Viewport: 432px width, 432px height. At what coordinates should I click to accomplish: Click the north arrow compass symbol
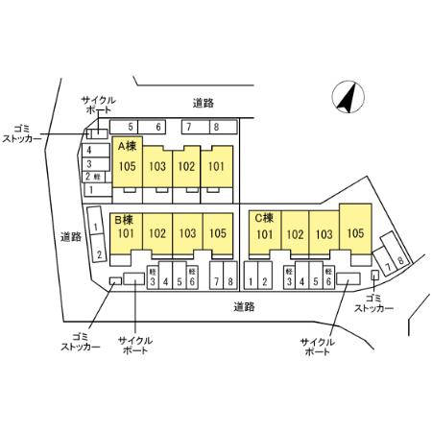point(348,97)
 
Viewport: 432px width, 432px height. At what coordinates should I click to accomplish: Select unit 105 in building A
point(128,161)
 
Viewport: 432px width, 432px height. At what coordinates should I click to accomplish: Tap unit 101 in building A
point(217,166)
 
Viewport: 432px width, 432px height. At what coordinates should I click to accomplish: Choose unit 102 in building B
point(157,234)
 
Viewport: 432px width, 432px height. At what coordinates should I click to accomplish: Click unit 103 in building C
point(324,234)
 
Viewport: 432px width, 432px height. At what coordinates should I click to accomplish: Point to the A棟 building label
point(127,146)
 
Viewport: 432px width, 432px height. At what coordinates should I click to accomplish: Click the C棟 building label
point(264,218)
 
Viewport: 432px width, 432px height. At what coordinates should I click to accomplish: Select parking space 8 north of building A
point(224,127)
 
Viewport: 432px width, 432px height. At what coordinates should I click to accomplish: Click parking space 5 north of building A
point(124,127)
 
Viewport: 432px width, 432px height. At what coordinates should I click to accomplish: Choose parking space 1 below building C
point(251,276)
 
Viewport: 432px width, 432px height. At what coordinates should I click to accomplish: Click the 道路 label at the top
point(204,103)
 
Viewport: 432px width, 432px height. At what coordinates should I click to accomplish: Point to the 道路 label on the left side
point(71,237)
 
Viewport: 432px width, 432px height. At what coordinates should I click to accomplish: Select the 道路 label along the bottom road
point(244,307)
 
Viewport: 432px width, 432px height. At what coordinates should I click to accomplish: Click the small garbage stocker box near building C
point(375,275)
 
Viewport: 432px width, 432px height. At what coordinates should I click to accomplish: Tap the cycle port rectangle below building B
point(134,278)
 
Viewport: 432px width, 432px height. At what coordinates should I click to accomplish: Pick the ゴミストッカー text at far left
point(22,134)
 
